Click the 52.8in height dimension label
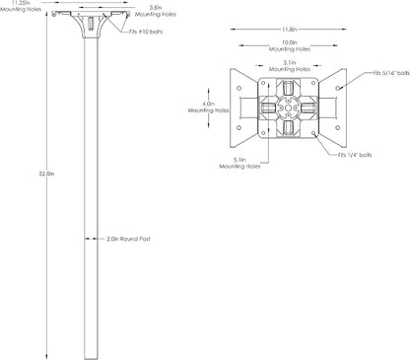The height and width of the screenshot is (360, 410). (x=46, y=174)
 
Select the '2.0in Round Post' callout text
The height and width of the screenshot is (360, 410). (x=128, y=239)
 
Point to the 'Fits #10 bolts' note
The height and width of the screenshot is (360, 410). (x=146, y=32)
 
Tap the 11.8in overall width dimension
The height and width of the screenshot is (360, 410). (x=289, y=30)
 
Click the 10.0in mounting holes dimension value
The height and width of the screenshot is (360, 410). (x=290, y=42)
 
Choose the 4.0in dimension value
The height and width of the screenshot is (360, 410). (x=208, y=104)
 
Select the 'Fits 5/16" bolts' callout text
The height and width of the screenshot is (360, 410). (x=391, y=73)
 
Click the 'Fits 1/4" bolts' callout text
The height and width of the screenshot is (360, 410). (x=355, y=155)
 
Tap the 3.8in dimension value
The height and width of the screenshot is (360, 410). (x=156, y=7)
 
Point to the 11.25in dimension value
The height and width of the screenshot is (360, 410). (x=21, y=3)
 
